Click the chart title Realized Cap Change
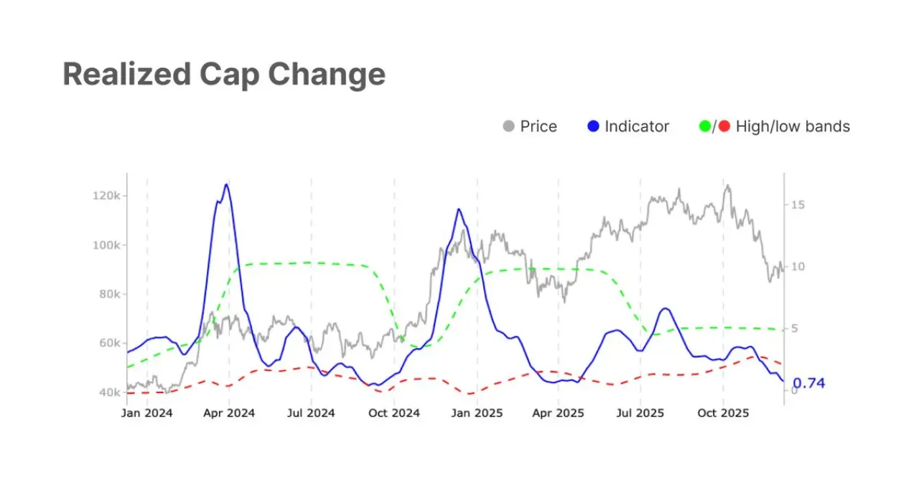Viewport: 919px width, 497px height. tap(224, 75)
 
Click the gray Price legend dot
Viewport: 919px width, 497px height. tap(509, 126)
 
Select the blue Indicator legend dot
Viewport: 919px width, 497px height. tap(593, 126)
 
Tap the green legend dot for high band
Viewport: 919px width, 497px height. tap(705, 126)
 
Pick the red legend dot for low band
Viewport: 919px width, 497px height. tap(724, 126)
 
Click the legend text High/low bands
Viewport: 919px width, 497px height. tap(793, 127)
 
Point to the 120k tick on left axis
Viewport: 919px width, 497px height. tap(106, 196)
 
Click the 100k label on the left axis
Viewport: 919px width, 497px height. tap(106, 245)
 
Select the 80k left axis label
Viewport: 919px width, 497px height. tap(110, 294)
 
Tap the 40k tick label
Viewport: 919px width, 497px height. tap(110, 392)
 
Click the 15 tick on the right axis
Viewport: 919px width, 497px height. tap(798, 205)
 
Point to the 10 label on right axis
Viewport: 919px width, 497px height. tap(798, 267)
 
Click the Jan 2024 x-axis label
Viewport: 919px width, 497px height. tap(147, 413)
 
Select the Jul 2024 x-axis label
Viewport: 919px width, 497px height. tap(311, 413)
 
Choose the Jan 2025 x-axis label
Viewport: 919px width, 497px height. tap(477, 413)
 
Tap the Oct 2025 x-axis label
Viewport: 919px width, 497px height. tap(723, 413)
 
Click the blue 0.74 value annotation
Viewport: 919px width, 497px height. tap(808, 383)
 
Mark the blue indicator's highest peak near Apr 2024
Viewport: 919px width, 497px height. tap(226, 184)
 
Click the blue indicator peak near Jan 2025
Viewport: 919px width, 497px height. tap(459, 209)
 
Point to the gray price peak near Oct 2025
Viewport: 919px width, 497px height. tap(728, 185)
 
